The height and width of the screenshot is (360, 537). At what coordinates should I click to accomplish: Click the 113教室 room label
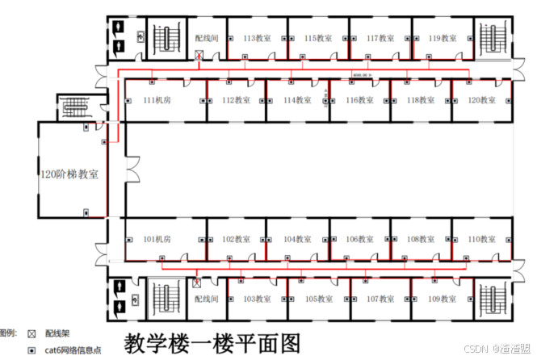tap(258, 38)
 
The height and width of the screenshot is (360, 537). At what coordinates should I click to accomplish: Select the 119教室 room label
tap(443, 38)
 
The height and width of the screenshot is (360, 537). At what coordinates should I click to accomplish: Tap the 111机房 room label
tap(157, 101)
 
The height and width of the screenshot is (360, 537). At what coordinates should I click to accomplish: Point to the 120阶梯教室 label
tap(70, 174)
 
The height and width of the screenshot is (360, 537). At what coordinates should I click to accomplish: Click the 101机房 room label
tap(157, 240)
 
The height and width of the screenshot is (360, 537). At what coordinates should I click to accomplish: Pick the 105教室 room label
tap(319, 299)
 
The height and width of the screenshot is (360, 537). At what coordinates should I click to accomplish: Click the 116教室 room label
tap(361, 101)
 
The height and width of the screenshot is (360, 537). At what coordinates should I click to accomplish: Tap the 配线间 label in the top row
tap(208, 38)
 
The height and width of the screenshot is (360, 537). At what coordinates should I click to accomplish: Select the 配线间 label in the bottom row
tap(208, 299)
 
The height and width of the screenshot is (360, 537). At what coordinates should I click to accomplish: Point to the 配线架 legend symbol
tap(31, 333)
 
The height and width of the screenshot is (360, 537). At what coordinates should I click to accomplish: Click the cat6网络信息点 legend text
tap(73, 350)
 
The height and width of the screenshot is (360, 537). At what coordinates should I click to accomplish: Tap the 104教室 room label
tap(298, 240)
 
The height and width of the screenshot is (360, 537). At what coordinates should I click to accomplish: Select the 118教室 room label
tap(422, 101)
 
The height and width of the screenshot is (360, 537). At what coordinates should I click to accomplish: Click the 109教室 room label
tap(443, 299)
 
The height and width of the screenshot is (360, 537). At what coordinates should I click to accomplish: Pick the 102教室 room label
tap(237, 240)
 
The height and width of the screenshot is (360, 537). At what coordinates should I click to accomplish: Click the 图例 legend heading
tap(7, 333)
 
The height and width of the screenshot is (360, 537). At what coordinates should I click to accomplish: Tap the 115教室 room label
tap(319, 38)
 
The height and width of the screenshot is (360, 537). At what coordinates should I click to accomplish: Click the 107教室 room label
tap(381, 299)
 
